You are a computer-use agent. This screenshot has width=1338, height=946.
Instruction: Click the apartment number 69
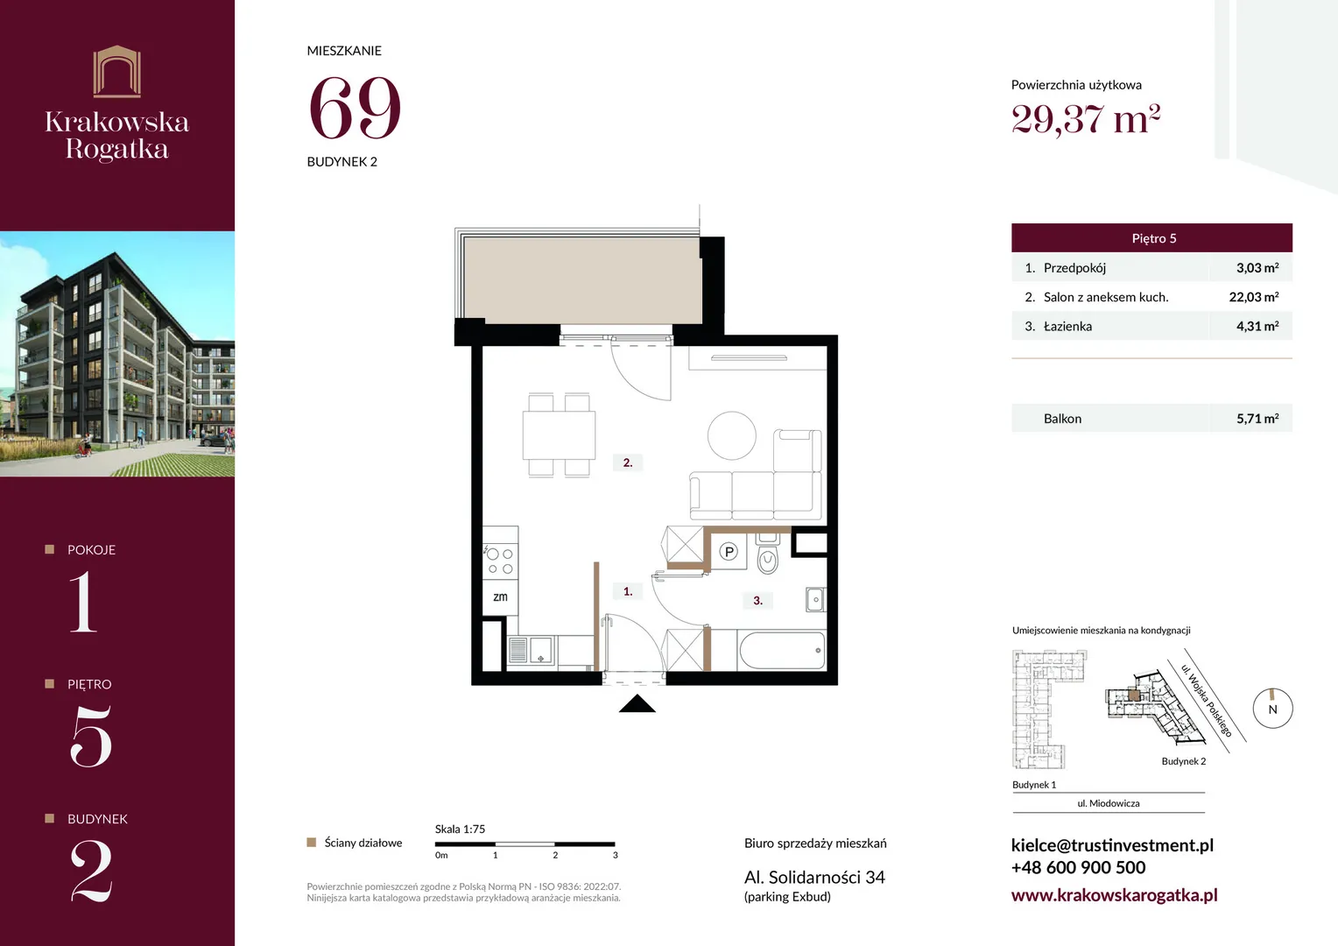355,108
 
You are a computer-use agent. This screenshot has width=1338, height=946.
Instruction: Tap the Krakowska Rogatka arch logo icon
117,71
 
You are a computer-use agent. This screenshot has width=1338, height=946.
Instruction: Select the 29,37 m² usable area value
1085,118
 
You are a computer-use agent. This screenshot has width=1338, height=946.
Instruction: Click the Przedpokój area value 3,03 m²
1257,268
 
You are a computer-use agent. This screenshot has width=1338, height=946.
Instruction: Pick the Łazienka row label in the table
1067,327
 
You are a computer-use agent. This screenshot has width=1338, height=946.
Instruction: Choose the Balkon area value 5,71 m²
1257,419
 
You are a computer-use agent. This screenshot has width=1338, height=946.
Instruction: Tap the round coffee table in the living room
732,435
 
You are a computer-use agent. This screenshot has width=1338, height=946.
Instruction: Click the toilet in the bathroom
768,554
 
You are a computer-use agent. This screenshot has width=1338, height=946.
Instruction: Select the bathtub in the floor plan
782,650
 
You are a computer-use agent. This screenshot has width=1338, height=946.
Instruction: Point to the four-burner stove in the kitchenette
500,561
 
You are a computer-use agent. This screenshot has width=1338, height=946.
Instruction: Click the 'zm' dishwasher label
501,597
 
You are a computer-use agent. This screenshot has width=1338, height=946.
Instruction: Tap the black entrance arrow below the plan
637,703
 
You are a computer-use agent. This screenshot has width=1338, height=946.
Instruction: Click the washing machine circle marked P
729,552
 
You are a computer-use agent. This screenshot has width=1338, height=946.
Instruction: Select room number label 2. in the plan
628,462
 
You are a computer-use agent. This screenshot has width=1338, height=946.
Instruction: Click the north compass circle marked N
1273,708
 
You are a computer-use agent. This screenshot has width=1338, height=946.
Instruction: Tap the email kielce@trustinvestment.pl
1112,845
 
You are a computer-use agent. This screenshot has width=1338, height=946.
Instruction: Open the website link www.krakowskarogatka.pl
1114,894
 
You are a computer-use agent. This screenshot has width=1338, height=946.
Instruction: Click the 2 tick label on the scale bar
555,855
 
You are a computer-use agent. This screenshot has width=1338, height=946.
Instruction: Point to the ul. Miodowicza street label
1108,803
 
